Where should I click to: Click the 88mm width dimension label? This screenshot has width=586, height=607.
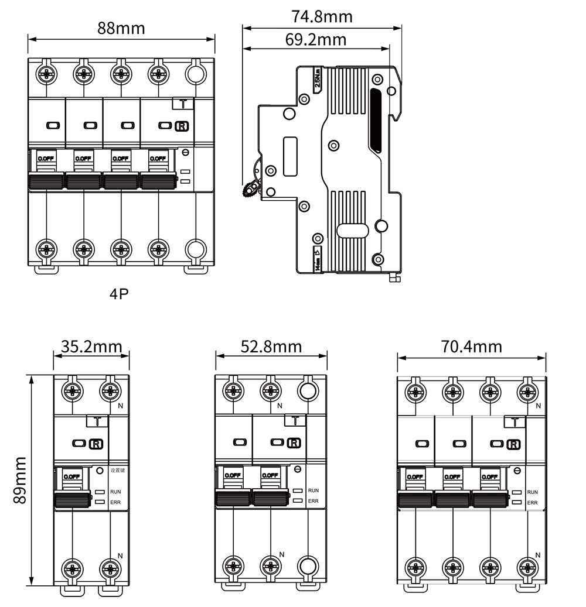click(121, 28)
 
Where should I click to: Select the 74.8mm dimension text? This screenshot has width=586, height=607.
click(322, 16)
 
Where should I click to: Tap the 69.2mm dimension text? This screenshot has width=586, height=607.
click(316, 39)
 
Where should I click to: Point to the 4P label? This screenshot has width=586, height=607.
click(119, 293)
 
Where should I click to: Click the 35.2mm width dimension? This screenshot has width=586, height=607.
click(92, 347)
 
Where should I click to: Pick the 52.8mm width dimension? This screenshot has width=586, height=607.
click(271, 347)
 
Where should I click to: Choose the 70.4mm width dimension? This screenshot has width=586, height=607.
click(472, 347)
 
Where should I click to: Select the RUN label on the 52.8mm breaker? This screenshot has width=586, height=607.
click(314, 491)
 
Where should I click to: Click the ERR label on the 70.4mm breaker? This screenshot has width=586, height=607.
click(533, 502)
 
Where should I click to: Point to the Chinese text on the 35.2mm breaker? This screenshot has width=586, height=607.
click(118, 470)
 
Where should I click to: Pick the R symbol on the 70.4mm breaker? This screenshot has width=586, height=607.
click(513, 445)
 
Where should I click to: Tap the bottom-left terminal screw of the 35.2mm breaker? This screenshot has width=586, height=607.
click(72, 568)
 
